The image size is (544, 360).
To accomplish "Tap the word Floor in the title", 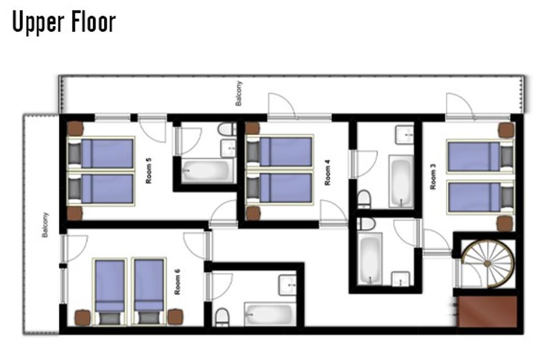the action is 94,22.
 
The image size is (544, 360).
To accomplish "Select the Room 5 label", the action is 148,171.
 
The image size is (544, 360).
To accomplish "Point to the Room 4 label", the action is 327,172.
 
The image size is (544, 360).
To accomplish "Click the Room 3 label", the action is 433,176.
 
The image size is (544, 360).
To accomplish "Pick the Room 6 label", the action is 178,282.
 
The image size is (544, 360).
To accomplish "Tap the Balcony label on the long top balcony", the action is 239,94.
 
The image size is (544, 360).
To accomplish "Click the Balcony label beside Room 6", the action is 45,225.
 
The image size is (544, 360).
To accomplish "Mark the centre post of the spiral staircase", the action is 487,264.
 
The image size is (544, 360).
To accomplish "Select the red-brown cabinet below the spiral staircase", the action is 487,311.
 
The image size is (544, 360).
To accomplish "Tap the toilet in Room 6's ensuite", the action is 222,317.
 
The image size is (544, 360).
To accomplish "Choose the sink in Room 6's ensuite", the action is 287,285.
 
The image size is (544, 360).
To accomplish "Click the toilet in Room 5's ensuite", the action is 227,130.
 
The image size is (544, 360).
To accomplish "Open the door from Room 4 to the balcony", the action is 282,106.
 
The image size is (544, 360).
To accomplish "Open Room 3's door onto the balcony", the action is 460,106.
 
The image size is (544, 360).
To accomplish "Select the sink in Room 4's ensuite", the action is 405,135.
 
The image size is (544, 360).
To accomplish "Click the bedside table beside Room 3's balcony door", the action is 506,130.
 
